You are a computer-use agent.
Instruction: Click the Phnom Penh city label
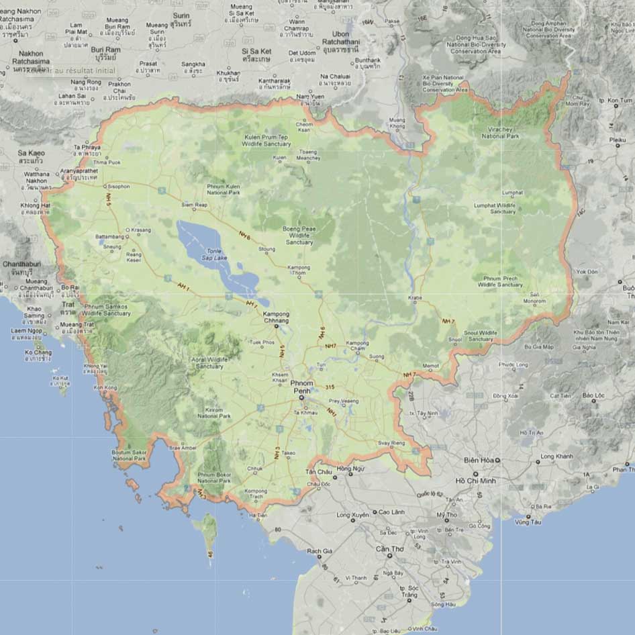tap(303, 386)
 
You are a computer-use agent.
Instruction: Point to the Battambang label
tap(110, 237)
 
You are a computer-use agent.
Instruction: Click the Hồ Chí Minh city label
tap(475, 481)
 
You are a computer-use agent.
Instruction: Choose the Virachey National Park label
tap(500, 133)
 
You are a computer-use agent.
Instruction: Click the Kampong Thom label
tap(299, 271)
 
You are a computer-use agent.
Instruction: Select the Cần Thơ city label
tap(384, 548)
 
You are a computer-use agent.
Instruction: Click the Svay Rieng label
tap(392, 443)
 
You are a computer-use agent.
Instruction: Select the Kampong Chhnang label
tap(276, 317)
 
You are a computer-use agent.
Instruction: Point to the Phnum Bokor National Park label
tap(215, 478)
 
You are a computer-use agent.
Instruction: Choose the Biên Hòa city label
tap(479, 460)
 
